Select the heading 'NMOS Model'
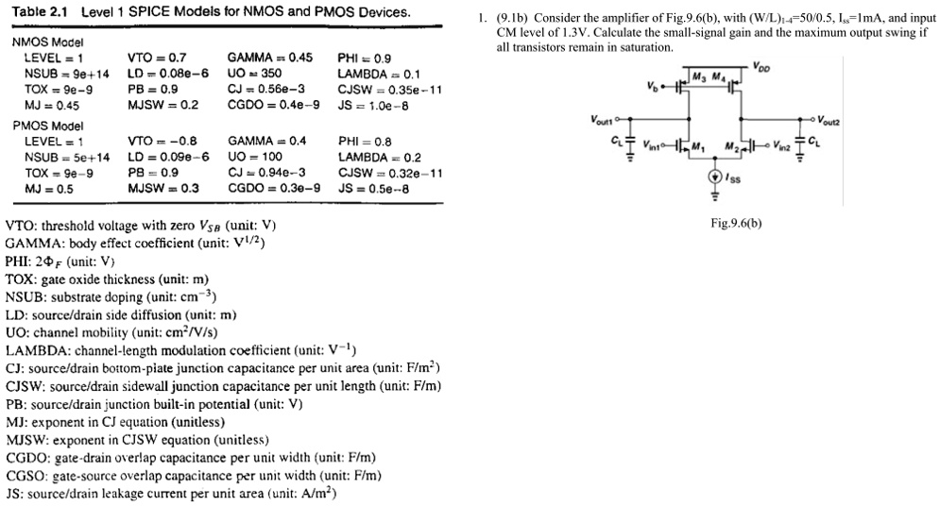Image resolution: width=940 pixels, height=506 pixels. pyautogui.click(x=46, y=42)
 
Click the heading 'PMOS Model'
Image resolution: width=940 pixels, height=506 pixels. pyautogui.click(x=46, y=126)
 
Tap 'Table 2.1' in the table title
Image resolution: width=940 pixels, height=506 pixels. pyautogui.click(x=39, y=13)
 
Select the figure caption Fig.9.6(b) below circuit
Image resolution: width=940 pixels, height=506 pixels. pyautogui.click(x=734, y=223)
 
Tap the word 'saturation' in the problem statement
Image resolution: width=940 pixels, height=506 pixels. pyautogui.click(x=647, y=47)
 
